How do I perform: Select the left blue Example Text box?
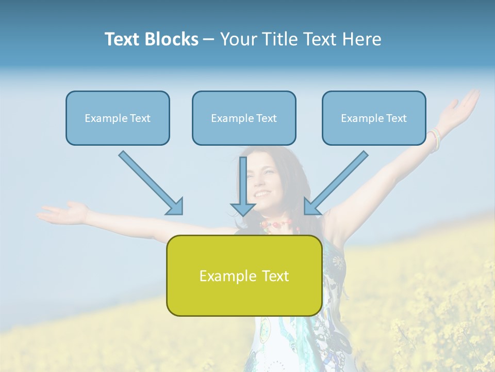tap(118, 118)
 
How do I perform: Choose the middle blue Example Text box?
tap(244, 118)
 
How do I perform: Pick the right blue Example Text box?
tap(374, 118)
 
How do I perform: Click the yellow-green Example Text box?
tap(244, 275)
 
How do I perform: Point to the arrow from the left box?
tap(150, 182)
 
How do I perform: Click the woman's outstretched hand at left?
tap(64, 212)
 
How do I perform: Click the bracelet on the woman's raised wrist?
tap(434, 138)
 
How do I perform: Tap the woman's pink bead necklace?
tap(276, 225)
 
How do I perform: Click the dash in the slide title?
tap(209, 40)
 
